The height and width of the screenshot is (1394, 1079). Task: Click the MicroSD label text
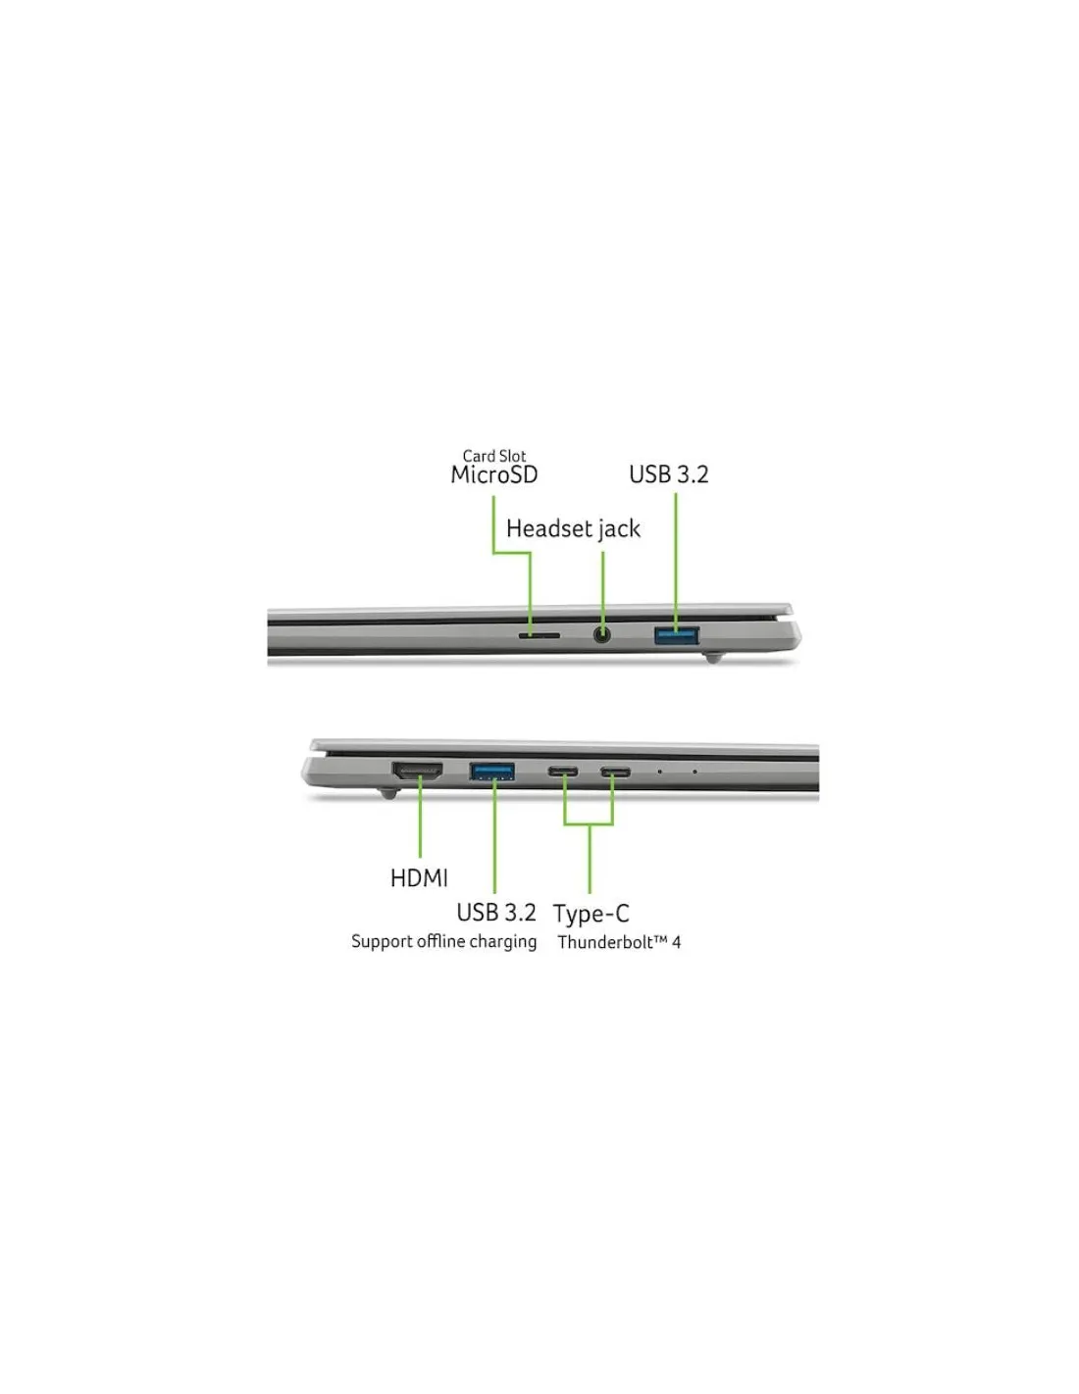493,475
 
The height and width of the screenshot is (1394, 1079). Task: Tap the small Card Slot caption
493,456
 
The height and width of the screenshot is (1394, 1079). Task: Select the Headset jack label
573,529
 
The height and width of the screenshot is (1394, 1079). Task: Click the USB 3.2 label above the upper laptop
668,475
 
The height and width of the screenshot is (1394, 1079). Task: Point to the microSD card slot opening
539,636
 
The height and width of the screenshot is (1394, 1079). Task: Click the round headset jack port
600,635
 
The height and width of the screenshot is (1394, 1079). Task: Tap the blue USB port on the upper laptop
676,636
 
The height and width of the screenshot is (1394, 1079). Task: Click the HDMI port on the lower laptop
417,770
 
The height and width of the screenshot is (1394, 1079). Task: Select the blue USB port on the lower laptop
491,771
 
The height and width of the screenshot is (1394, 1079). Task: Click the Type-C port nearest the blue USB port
563,772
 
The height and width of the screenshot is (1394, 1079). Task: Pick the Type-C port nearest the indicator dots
615,772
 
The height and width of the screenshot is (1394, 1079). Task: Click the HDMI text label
419,877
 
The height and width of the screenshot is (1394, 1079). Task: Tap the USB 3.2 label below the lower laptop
495,913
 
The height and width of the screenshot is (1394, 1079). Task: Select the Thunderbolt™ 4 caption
619,942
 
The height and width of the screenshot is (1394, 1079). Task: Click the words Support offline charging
443,942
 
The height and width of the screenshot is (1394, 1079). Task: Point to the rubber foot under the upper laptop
712,657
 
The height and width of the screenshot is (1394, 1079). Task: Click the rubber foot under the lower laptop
387,793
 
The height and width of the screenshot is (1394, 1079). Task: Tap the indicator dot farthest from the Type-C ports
694,772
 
